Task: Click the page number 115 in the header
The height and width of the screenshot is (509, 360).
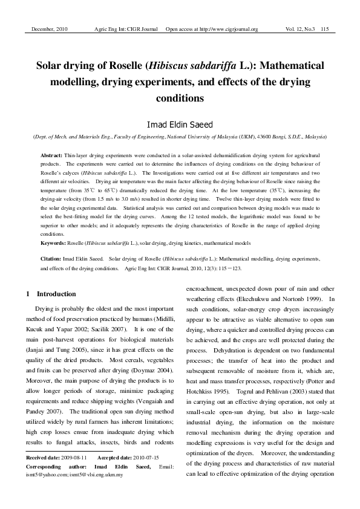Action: [x=325, y=29]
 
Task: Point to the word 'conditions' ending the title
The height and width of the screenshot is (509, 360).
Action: [x=180, y=97]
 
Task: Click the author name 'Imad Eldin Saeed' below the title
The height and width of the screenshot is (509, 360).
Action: [x=180, y=124]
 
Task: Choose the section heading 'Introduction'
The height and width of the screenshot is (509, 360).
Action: [x=56, y=294]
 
